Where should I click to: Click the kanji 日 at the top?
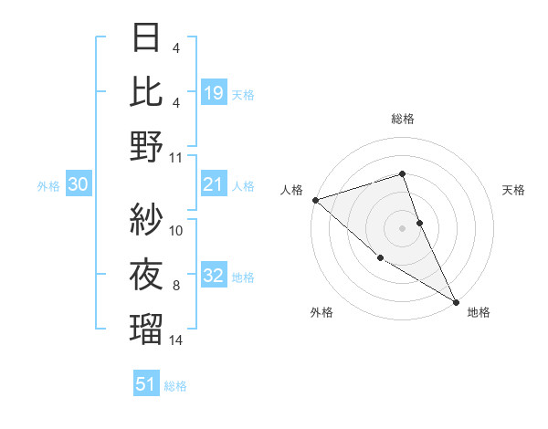pos(147,39)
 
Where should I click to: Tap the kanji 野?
pos(147,146)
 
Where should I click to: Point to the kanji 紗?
pos(147,219)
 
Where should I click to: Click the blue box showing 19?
pos(214,92)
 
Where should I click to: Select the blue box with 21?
pos(214,185)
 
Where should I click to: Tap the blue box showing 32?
pos(214,277)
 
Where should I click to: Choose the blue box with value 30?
pos(78,185)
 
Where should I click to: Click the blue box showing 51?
pos(146,384)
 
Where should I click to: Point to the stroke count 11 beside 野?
pos(176,158)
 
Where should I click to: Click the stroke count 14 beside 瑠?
pos(176,340)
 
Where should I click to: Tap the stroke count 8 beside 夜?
pos(176,286)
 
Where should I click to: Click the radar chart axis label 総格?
pos(402,119)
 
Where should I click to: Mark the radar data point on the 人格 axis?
pos(315,200)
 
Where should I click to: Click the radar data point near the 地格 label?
pos(455,301)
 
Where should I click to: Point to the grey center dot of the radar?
pos(402,228)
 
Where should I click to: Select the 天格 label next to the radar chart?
pos(513,190)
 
